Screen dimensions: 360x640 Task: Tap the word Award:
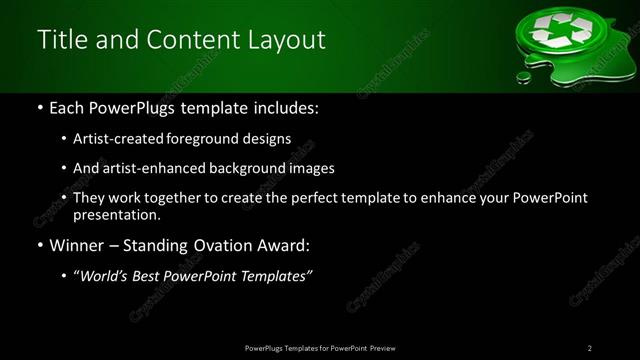288,246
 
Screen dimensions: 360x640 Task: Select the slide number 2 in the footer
590,348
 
